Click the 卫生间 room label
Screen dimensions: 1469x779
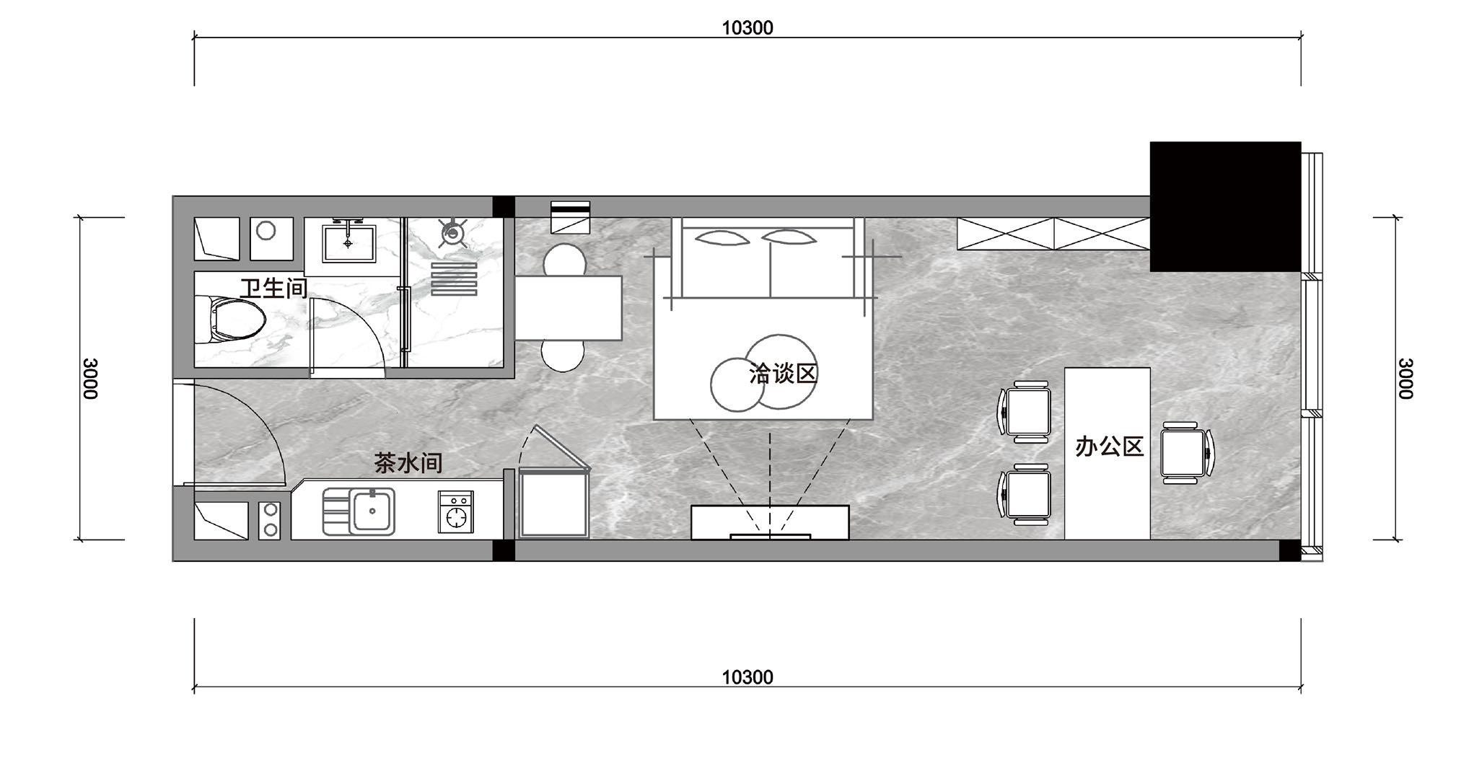coord(273,289)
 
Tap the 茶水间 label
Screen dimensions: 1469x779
coord(408,462)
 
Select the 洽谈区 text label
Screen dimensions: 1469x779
coord(783,374)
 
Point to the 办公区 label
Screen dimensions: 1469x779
coord(1110,447)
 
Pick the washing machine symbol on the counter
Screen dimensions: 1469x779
coord(456,512)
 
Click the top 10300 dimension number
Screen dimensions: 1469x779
coord(747,27)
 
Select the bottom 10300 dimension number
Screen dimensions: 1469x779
coord(747,677)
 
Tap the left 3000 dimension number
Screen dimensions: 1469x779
coord(90,378)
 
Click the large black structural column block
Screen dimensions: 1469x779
coord(1225,206)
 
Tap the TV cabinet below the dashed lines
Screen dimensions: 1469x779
coord(770,522)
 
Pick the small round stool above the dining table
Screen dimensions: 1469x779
coord(564,260)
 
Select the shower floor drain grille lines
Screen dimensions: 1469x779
coord(454,279)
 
